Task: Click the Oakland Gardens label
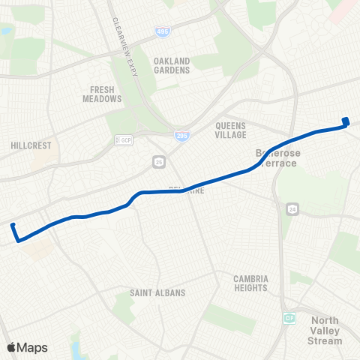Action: (x=172, y=65)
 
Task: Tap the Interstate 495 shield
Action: (x=163, y=31)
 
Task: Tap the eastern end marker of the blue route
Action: (x=346, y=121)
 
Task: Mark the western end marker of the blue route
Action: (x=13, y=225)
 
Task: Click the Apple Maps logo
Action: (x=27, y=347)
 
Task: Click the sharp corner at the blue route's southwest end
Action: (x=18, y=240)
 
